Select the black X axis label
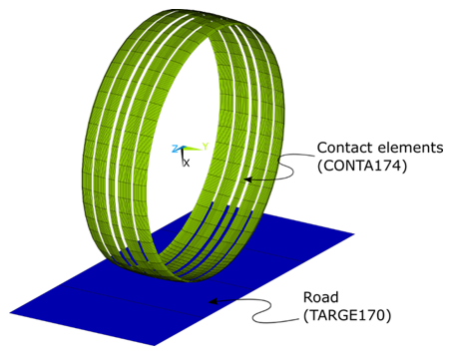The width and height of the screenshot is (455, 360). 185,163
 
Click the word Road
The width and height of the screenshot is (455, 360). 322,297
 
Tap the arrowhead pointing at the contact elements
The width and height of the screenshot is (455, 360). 246,177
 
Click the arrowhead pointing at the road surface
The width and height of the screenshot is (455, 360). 209,300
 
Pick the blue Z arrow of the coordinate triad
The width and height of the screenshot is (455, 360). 179,151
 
